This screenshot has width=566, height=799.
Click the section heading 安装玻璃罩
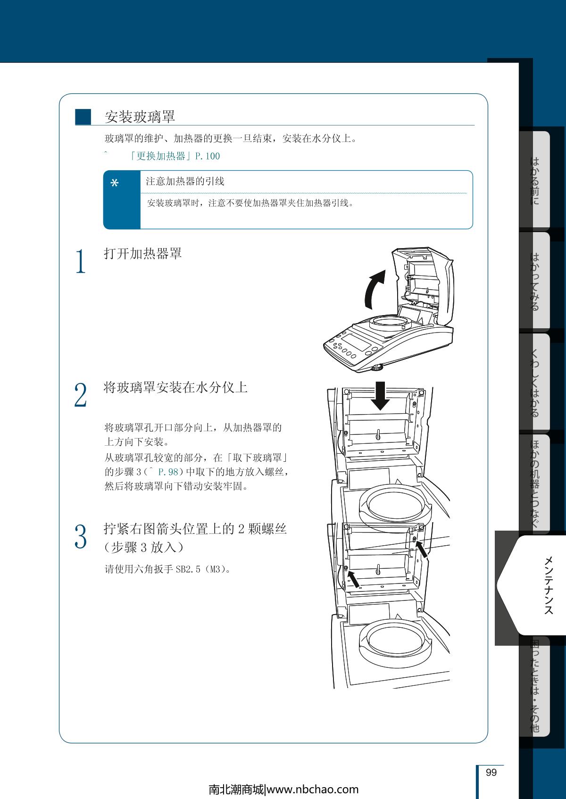[x=140, y=117]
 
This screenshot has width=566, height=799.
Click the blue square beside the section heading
[x=83, y=117]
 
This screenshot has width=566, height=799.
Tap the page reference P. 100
[x=207, y=156]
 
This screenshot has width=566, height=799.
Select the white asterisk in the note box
[x=115, y=183]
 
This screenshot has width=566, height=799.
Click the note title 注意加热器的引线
[x=185, y=181]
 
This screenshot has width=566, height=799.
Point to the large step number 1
[x=81, y=261]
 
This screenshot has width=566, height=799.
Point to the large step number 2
[x=81, y=395]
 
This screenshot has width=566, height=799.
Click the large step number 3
[x=81, y=536]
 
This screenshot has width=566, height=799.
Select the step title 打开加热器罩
[x=142, y=254]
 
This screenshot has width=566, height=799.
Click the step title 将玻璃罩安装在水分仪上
[x=175, y=387]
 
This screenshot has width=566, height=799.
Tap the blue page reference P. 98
[x=168, y=472]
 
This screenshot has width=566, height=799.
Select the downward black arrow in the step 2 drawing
[x=381, y=396]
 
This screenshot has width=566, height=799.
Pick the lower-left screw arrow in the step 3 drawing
[x=354, y=579]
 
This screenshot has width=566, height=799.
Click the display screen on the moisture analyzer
[x=356, y=341]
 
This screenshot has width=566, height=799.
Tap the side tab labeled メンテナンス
[x=549, y=585]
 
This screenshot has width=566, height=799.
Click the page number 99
[x=491, y=772]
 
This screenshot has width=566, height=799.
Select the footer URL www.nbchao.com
[x=313, y=790]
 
